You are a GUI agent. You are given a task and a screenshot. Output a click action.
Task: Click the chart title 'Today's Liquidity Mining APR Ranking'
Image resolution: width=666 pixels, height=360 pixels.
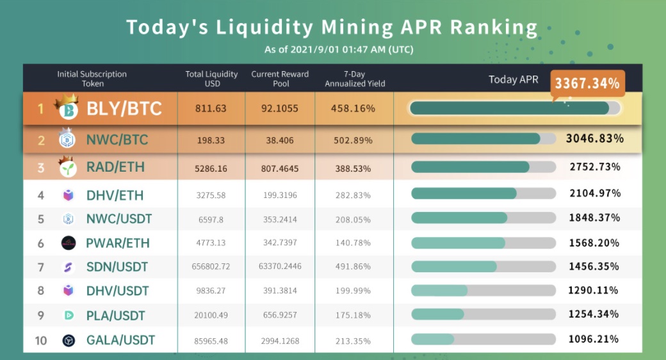pos(332,27)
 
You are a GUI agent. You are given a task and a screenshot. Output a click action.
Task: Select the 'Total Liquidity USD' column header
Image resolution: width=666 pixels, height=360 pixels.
pos(211,79)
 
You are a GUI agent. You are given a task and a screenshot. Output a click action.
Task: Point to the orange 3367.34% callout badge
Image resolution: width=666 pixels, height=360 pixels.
pos(587,83)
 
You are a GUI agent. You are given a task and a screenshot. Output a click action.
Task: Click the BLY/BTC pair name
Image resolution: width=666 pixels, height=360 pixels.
pos(124,108)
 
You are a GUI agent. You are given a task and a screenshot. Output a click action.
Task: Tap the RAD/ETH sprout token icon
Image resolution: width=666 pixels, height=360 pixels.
pos(69,167)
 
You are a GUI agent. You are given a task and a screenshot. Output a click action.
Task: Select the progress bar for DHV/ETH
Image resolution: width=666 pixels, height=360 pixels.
pos(483,193)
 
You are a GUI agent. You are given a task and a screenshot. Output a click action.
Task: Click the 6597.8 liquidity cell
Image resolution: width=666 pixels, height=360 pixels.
pos(211,218)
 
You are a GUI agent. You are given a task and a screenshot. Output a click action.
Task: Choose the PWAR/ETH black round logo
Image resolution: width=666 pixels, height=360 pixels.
pos(69,243)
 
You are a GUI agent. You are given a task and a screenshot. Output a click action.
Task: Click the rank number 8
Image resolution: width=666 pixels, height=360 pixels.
pos(41,291)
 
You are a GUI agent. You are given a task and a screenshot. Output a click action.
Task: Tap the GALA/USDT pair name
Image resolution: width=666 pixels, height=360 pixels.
pos(120,340)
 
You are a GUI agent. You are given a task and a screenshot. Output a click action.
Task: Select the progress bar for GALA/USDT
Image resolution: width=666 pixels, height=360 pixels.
pos(483,339)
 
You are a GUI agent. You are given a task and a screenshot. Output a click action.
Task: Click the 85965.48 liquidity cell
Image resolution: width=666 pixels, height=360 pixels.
pos(211,340)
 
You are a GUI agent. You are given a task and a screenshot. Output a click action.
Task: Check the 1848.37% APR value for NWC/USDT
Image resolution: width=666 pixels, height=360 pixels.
pos(594,218)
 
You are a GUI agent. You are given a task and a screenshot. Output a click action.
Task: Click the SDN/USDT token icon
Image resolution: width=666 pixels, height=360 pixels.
pos(69,267)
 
